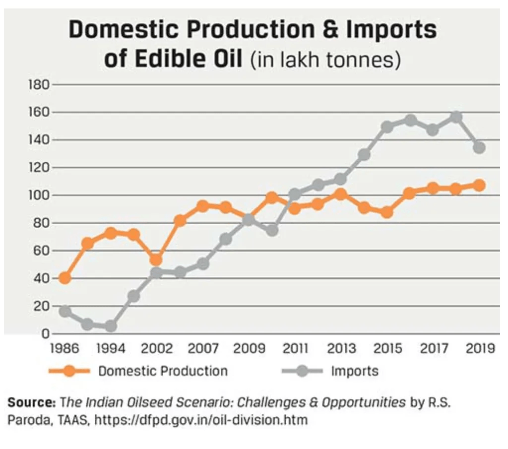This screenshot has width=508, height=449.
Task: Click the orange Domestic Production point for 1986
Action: point(64,278)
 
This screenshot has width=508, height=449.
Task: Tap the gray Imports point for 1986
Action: point(64,312)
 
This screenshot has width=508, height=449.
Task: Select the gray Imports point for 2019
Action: point(479,147)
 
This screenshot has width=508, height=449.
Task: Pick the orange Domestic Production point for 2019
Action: point(479,185)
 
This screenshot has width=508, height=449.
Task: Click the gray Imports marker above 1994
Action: point(111,326)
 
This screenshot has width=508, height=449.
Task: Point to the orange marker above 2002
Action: point(156,259)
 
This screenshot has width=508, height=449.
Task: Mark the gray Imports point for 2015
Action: point(387,127)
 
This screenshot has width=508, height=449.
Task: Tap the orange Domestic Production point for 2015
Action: point(387,212)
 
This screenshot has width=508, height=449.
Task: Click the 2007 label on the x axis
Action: point(203,348)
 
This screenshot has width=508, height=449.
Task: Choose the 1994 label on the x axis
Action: point(111,348)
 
